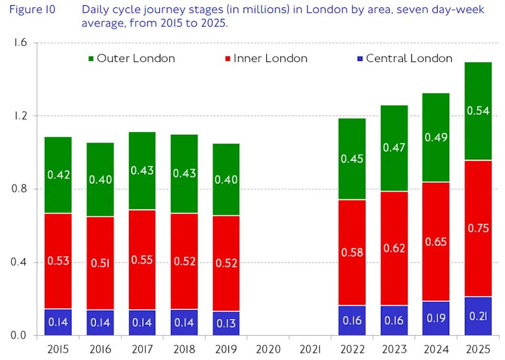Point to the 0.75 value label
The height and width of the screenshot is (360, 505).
(x=478, y=228)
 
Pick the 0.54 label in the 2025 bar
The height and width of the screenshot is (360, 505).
(x=478, y=111)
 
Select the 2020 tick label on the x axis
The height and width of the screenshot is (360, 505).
(x=268, y=349)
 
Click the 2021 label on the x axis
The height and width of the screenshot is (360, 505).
(x=310, y=349)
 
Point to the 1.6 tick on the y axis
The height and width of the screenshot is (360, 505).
(x=21, y=43)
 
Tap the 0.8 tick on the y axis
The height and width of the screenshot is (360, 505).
(x=21, y=189)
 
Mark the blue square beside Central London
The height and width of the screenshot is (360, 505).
(x=359, y=58)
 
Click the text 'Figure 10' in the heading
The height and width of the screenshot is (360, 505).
(x=32, y=10)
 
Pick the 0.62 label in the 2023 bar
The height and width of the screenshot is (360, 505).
(x=394, y=248)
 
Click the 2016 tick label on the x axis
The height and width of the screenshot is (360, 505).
(x=100, y=349)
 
